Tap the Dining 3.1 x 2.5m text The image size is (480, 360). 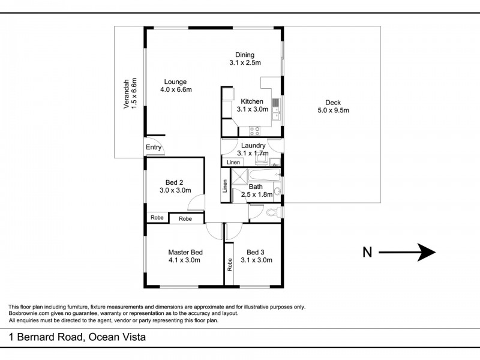[x=245, y=59]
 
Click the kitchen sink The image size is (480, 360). [x=275, y=106]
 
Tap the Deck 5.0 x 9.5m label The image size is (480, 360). [x=333, y=106]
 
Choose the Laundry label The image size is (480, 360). [x=253, y=149]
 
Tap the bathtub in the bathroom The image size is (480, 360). [x=265, y=175]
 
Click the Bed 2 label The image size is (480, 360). [x=175, y=187]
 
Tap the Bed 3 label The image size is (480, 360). [x=255, y=256]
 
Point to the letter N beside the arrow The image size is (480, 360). [x=367, y=253]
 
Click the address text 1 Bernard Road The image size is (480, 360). [x=77, y=337]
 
